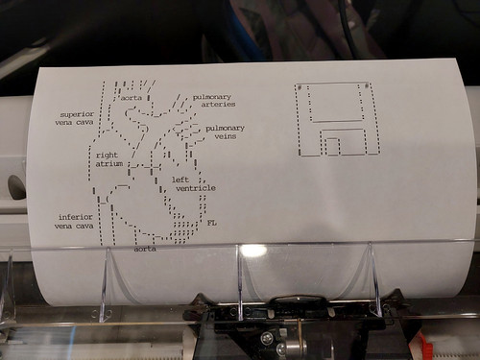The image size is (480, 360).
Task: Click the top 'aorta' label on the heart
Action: (132, 98)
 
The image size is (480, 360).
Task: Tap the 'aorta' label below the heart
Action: (145, 249)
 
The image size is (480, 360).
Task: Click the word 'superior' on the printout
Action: (77, 113)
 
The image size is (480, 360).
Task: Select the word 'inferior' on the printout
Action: (76, 217)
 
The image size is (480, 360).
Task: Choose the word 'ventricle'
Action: (195, 188)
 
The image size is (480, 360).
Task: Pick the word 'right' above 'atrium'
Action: (107, 155)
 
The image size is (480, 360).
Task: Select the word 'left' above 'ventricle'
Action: (180, 179)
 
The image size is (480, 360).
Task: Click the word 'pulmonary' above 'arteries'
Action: (212, 96)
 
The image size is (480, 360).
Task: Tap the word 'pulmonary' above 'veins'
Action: (225, 128)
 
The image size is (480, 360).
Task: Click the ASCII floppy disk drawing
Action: (338, 118)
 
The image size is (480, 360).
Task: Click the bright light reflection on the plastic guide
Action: (253, 251)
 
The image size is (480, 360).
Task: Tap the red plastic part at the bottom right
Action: (423, 344)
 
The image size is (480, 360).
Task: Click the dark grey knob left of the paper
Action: (16, 186)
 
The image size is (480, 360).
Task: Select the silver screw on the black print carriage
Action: (267, 338)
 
